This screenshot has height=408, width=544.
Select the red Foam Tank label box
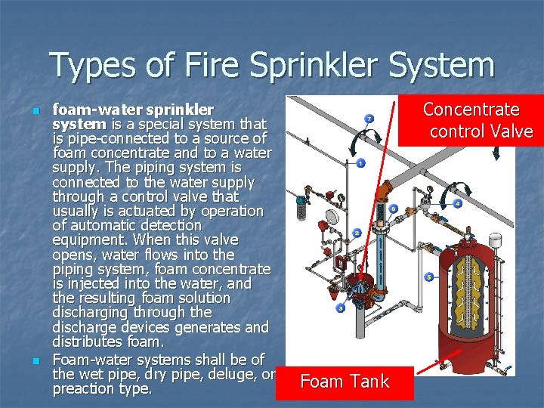point(345,382)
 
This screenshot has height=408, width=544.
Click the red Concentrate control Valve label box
point(471,120)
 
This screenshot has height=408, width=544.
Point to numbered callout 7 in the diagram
point(369,119)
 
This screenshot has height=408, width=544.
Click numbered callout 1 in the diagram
point(360,163)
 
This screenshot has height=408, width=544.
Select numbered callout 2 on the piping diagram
point(356,233)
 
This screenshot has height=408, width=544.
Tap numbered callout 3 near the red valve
point(341,308)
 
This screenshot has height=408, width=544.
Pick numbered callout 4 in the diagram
point(458,204)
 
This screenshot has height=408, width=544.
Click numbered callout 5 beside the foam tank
point(428,277)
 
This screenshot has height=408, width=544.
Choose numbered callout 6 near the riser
point(394,209)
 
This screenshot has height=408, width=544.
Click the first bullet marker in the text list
point(36,110)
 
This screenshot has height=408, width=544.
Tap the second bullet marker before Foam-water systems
point(36,361)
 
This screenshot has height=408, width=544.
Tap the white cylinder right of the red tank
point(497,240)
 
